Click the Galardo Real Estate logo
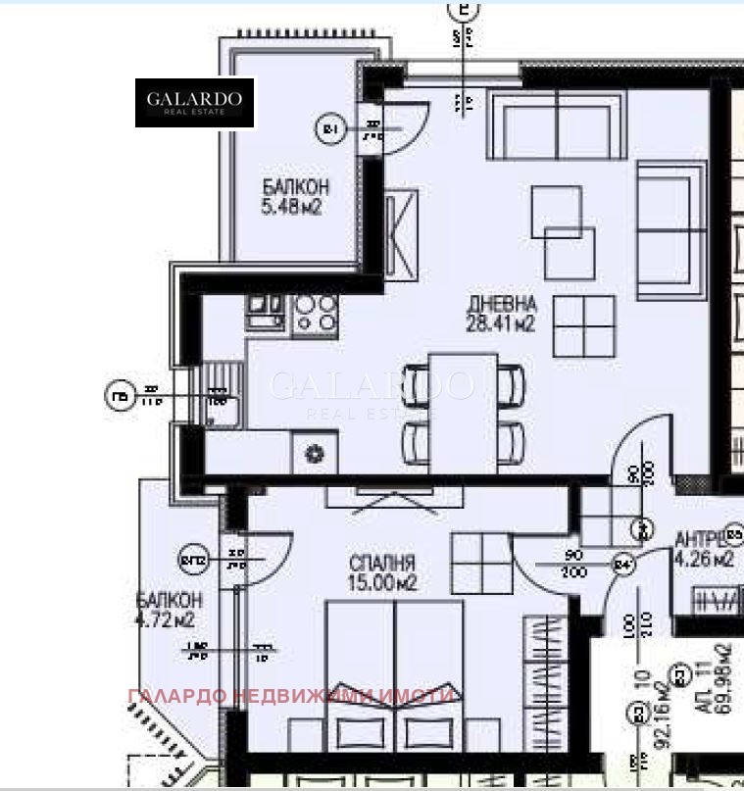(x=195, y=103)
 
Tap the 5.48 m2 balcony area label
(x=292, y=207)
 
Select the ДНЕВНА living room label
(x=501, y=303)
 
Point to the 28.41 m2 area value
(x=501, y=322)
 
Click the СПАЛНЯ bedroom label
(x=382, y=564)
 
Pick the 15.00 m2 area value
(x=382, y=583)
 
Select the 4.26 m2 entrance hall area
(x=704, y=561)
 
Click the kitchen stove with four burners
(x=315, y=312)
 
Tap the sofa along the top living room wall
(x=557, y=126)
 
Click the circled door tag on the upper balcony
(x=329, y=128)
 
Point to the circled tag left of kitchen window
(x=119, y=396)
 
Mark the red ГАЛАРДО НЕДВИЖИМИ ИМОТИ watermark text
(x=291, y=696)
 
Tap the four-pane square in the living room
(x=583, y=325)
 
